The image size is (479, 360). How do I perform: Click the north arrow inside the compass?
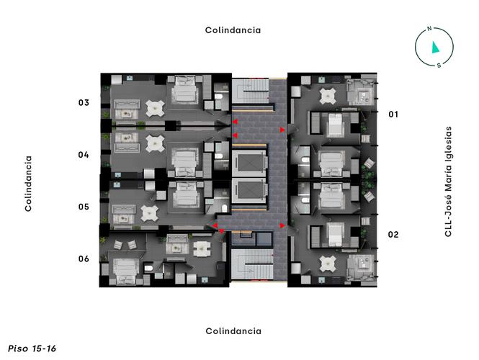click(435, 48)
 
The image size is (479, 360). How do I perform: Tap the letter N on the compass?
click(429, 30)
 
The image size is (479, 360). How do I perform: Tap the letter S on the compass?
click(439, 65)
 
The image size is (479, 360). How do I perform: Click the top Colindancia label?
click(233, 30)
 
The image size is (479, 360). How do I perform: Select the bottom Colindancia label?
click(233, 331)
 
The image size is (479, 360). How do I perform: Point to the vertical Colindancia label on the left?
click(29, 184)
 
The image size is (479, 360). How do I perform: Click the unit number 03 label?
click(84, 103)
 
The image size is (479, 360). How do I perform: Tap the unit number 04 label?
click(84, 155)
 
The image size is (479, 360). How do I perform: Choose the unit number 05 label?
click(84, 207)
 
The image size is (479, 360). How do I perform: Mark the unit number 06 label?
click(84, 258)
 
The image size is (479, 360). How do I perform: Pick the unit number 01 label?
click(393, 114)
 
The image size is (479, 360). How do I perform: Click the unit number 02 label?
click(393, 234)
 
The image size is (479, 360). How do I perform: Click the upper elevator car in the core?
click(249, 161)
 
